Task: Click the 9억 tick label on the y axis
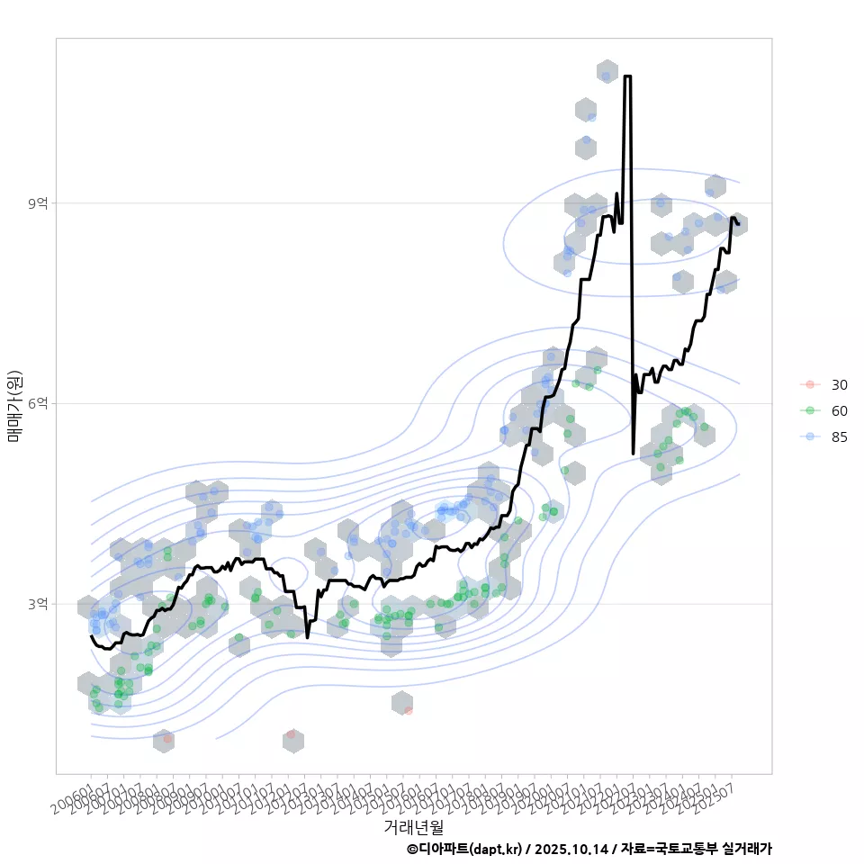point(37,203)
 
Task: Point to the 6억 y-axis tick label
point(37,403)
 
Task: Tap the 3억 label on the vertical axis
point(37,604)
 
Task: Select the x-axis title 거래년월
point(413,826)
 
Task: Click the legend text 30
point(839,385)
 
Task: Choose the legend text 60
point(839,410)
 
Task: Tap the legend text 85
point(839,436)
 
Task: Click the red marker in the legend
point(810,385)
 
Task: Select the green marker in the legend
point(810,410)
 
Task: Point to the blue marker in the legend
point(810,436)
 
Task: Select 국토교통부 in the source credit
point(687,849)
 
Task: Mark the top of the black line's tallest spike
point(627,76)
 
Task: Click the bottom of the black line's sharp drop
point(633,453)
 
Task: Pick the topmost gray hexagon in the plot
point(607,71)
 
